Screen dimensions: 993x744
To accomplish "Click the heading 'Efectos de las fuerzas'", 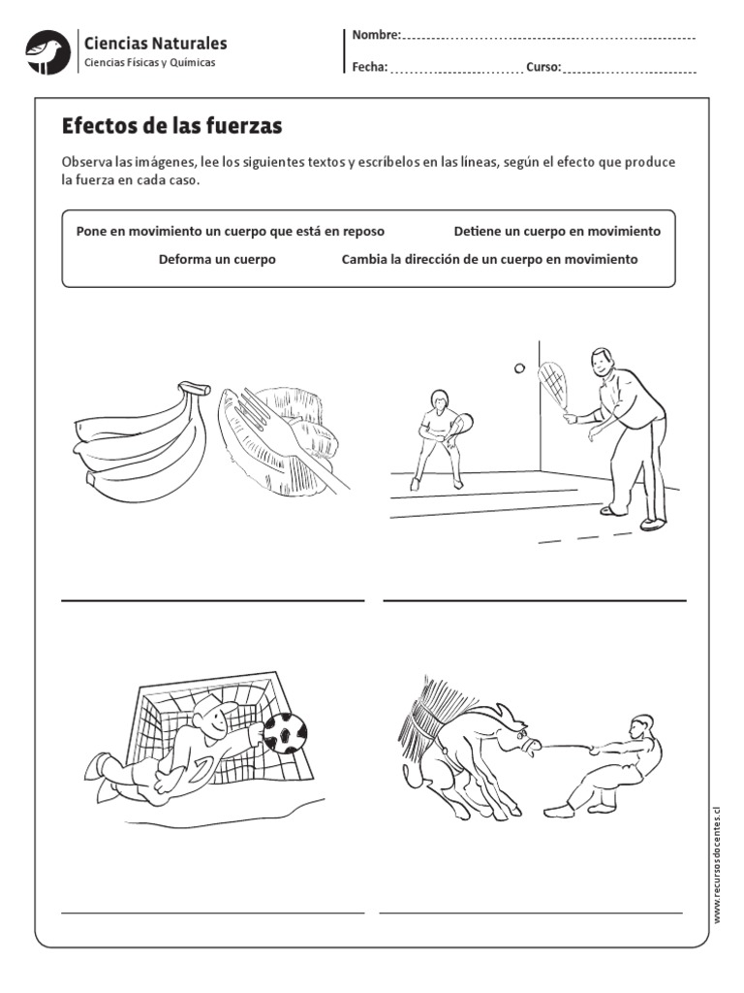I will (x=171, y=127).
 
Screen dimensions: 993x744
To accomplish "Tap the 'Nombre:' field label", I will (x=376, y=36).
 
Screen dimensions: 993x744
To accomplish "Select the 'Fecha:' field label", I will (x=370, y=68).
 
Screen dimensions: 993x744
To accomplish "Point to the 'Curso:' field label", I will (x=543, y=68).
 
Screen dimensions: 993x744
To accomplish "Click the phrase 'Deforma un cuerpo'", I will (x=217, y=260).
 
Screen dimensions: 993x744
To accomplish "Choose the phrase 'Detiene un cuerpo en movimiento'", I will (x=557, y=232).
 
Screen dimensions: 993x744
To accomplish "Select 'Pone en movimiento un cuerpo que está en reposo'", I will (x=230, y=232).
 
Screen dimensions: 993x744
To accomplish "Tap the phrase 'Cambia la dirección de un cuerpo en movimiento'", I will (x=489, y=260).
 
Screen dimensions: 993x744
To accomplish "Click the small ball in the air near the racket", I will (x=518, y=368).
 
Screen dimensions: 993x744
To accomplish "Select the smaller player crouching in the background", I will (x=437, y=435).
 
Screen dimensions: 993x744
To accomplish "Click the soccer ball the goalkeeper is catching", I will (x=286, y=732).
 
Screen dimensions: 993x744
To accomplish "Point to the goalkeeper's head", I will (x=210, y=721).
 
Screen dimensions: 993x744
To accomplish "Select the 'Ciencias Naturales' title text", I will (x=156, y=43).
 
